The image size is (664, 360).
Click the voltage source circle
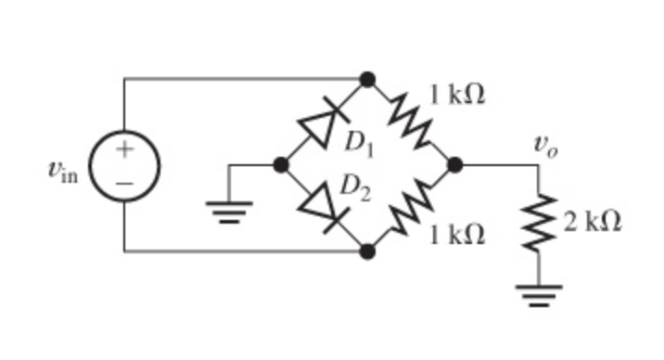point(124,165)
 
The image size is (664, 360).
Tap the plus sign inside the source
point(124,148)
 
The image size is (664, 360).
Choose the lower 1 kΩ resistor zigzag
point(410,208)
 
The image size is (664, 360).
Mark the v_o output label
point(544,145)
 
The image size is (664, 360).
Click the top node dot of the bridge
point(367,79)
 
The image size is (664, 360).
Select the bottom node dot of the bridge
point(367,251)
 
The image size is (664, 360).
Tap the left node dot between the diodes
point(281,165)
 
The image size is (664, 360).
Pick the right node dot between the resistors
point(454,165)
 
